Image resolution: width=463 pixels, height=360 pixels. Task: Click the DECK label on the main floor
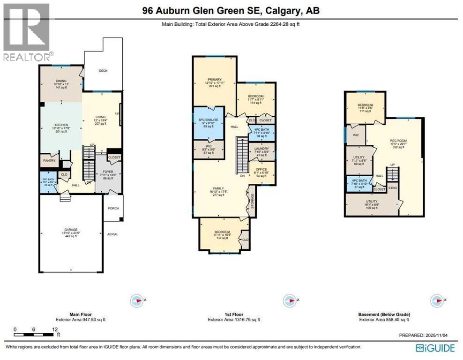pos(103,71)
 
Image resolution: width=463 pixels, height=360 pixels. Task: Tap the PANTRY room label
pos(50,161)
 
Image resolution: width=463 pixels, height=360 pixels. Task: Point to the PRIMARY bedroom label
pos(214,80)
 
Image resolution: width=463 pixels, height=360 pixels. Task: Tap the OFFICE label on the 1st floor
pos(261,171)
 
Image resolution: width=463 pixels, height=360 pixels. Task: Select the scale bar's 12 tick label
pos(55,330)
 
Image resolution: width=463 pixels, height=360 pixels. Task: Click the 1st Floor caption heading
pos(233,315)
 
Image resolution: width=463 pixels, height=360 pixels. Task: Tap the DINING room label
pos(61,80)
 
